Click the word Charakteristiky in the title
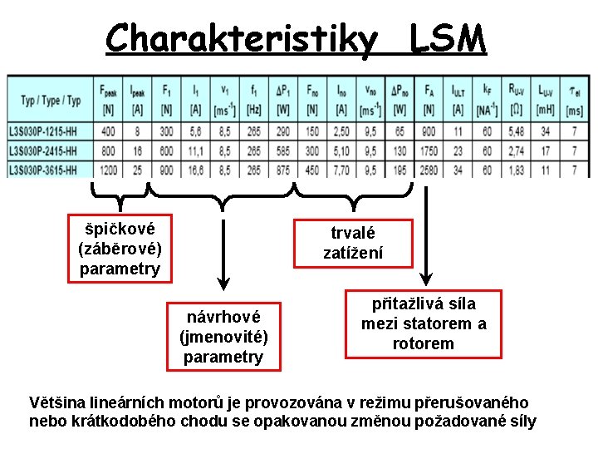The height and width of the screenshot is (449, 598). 241,37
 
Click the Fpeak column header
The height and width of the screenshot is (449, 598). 107,99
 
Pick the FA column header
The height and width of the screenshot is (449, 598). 429,99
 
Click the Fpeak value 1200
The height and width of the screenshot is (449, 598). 107,169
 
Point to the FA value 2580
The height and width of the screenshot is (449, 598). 429,169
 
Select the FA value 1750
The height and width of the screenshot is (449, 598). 429,150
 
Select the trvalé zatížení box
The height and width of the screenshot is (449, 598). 354,243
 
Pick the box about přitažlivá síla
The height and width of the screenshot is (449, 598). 424,323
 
